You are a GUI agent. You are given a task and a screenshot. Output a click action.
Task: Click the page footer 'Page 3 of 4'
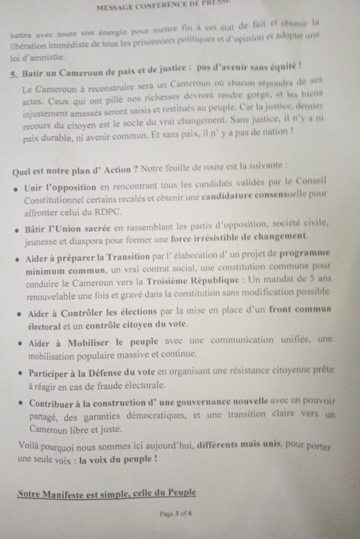click(176, 514)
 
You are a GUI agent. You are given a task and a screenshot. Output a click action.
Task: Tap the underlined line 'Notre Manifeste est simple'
click(106, 493)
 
